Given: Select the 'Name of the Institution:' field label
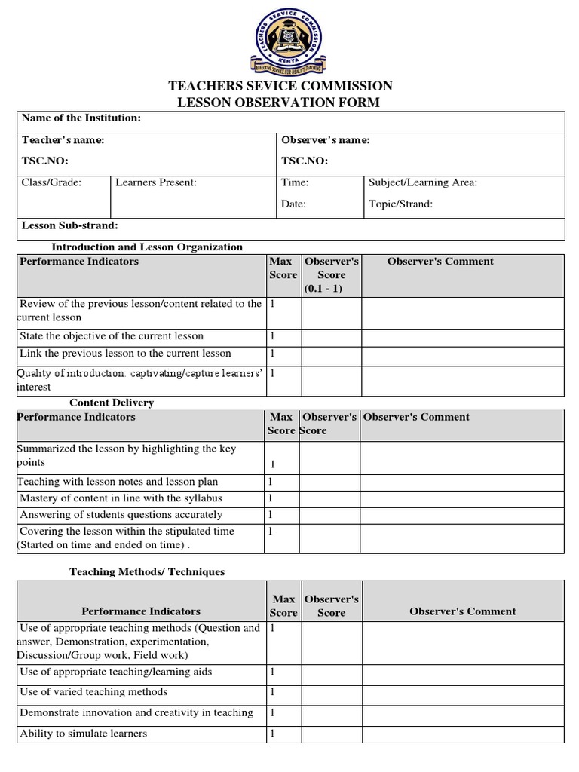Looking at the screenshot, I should click(81, 118).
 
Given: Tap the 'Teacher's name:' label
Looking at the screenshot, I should click(63, 140).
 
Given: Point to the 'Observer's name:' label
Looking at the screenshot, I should click(326, 140).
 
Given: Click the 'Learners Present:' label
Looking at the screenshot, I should click(156, 182).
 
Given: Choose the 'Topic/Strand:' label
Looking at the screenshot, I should click(400, 204).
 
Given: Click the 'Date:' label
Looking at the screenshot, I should click(293, 204).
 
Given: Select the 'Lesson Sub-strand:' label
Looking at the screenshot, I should click(70, 225).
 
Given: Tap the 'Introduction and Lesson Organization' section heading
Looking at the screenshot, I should click(147, 247).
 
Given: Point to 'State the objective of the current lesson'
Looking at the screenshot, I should click(112, 336).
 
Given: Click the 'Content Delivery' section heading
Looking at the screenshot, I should click(112, 403).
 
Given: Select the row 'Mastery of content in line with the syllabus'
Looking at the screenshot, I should click(121, 498).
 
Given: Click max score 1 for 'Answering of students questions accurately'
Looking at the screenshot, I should click(271, 515).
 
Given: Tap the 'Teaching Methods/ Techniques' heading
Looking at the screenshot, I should click(147, 572).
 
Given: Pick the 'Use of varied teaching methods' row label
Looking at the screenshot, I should click(93, 692).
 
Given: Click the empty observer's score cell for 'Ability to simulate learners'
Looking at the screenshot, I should click(331, 734).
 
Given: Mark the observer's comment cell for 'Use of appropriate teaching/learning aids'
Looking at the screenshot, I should click(462, 672).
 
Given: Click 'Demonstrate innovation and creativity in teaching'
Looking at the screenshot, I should click(136, 713).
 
